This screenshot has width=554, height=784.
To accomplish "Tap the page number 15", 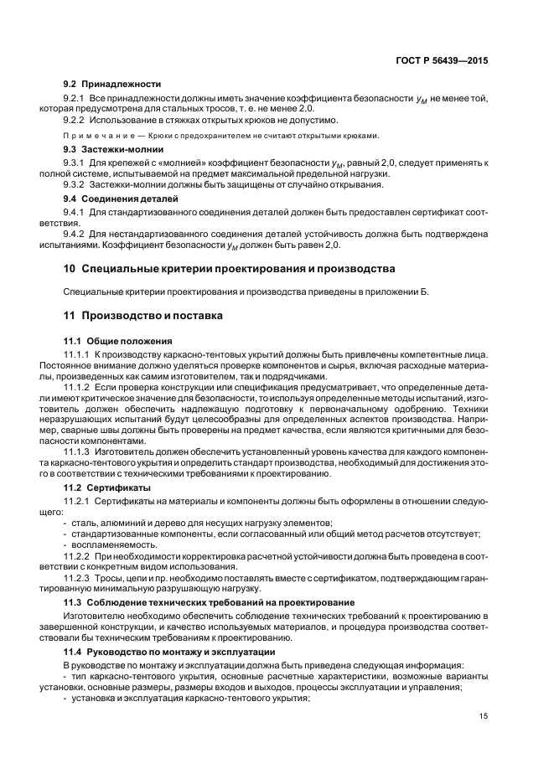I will pos(484,715).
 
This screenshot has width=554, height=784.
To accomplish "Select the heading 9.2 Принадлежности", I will pos(112,85).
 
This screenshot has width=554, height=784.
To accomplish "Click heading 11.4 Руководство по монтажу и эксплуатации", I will pos(184,651).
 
